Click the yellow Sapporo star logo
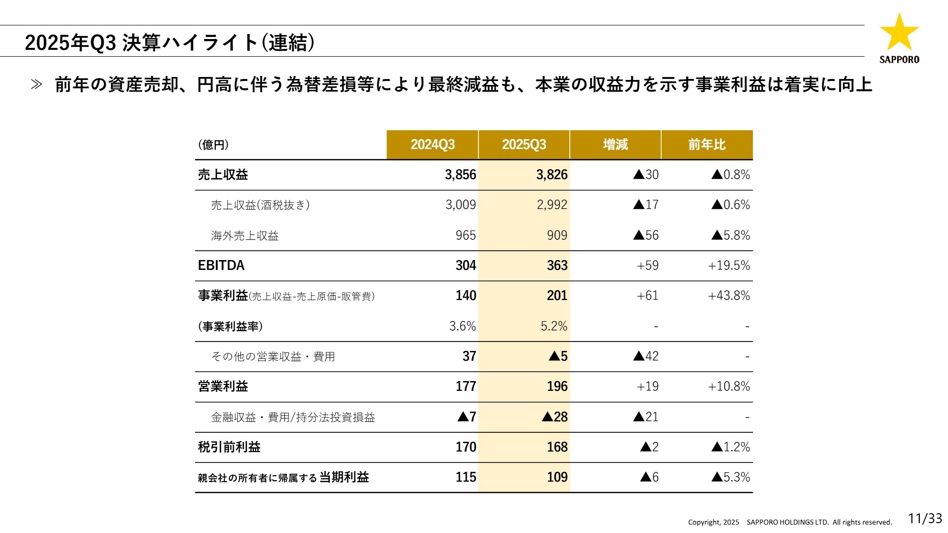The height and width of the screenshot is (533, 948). coord(899,33)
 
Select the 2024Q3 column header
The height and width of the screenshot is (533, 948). coord(433,145)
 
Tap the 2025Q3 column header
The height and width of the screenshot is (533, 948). coord(524,145)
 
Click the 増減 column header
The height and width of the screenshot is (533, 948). coord(615,145)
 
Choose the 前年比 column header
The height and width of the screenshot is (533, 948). coord(707,145)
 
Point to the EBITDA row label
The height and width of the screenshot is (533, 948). coord(221,266)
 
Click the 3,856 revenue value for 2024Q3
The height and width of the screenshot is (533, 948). coord(460,175)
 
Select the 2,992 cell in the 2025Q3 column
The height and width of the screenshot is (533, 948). coord(552,205)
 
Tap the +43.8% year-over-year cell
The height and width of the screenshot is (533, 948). coord(729,296)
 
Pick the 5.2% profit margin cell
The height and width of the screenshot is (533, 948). coord(554,326)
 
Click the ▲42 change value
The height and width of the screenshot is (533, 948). coord(646,356)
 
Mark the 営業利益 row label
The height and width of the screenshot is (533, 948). coord(223,386)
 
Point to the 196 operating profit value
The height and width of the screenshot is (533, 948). coord(557,386)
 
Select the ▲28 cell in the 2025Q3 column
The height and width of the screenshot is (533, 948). coord(554,417)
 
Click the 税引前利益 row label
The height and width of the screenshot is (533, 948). coord(229,447)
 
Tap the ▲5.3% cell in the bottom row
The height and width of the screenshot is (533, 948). coord(730,477)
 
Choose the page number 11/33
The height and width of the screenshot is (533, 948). coord(925,519)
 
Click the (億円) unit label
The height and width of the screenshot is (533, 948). coord(213,145)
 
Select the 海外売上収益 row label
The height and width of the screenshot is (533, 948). coord(245,235)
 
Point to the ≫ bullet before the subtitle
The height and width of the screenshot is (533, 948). coord(37,85)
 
